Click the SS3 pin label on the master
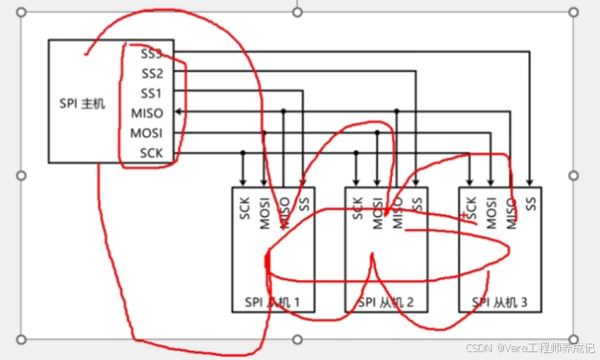point(151,53)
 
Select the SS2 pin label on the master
point(151,72)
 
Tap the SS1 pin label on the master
point(151,92)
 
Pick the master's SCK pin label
point(151,154)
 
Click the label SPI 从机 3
point(499,303)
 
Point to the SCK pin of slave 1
point(244,208)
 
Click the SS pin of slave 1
point(303,205)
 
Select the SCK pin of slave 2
point(357,208)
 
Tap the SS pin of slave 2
point(417,205)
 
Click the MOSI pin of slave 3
point(492,213)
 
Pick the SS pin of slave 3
point(531,205)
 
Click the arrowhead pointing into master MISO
point(179,112)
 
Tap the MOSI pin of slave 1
point(264,213)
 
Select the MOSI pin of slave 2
point(378,213)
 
